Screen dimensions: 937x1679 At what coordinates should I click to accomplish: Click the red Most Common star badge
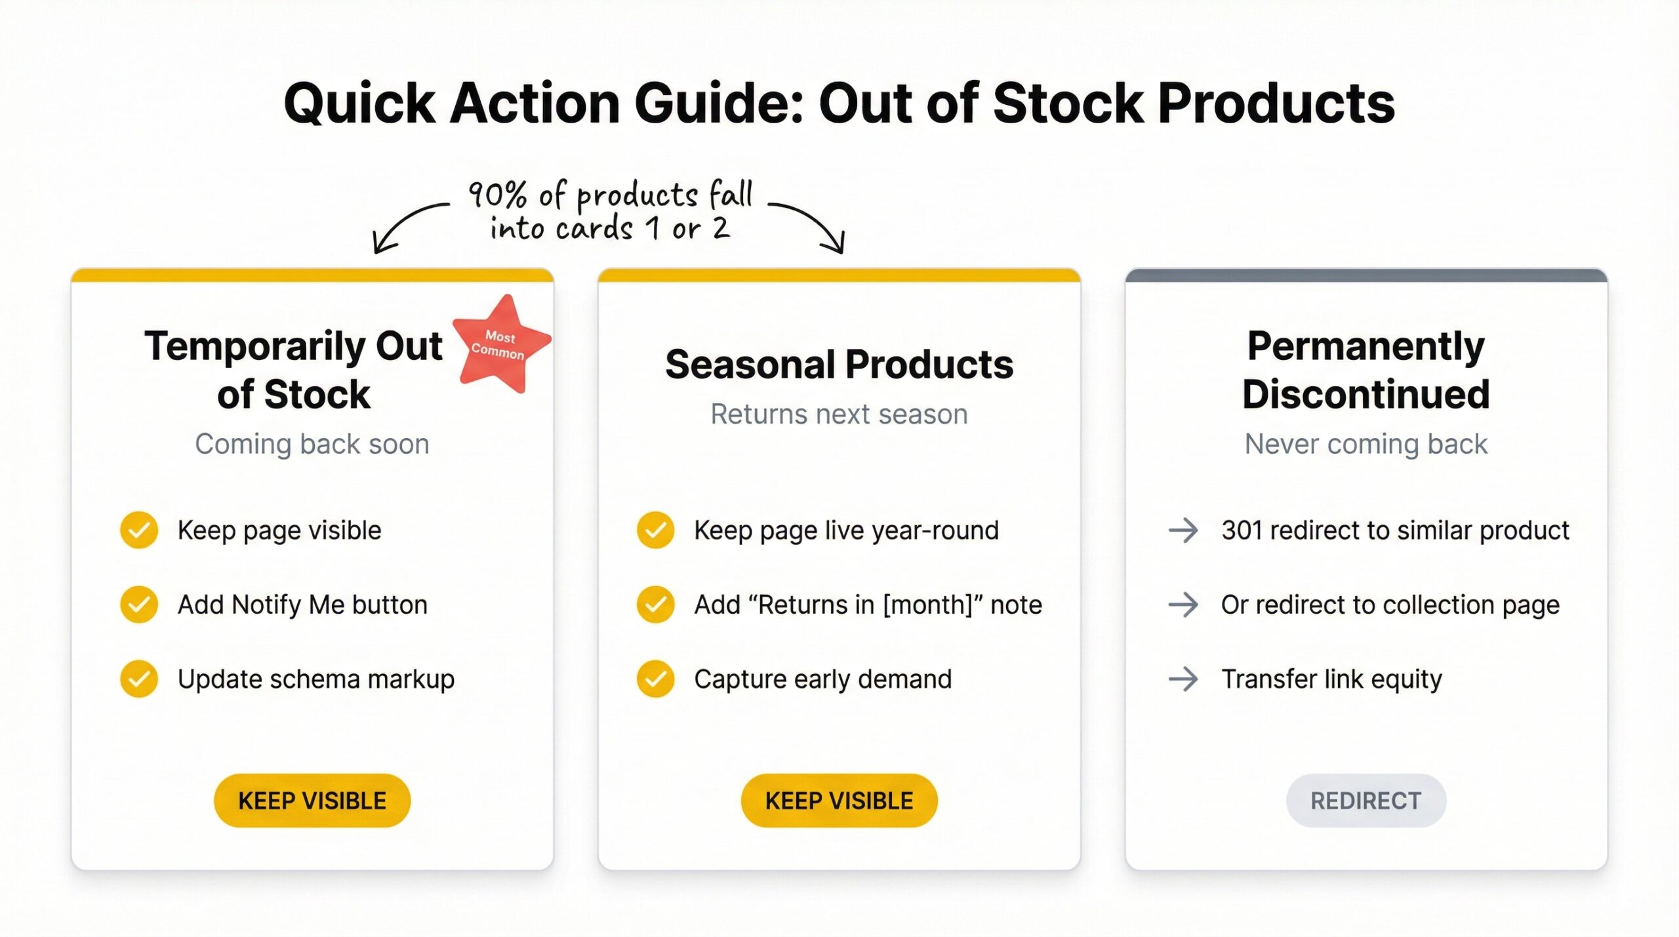click(x=500, y=344)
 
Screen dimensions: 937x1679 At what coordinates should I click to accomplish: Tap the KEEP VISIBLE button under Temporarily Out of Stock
click(x=312, y=800)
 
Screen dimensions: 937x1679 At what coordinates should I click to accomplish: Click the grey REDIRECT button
click(x=1365, y=800)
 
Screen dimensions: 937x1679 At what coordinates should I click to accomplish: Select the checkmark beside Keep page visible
click(x=139, y=530)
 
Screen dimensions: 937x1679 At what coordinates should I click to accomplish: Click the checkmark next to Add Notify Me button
click(x=139, y=604)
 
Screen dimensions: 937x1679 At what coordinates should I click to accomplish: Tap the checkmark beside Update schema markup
click(x=139, y=679)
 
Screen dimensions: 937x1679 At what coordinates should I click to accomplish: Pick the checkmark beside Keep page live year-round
click(x=655, y=530)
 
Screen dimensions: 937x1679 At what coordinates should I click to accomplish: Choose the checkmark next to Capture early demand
click(x=655, y=679)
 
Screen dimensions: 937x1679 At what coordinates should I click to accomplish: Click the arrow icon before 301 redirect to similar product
click(x=1183, y=530)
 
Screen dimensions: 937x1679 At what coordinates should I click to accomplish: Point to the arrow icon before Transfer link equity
click(x=1183, y=679)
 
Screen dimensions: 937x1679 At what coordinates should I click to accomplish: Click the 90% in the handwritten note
click(x=497, y=195)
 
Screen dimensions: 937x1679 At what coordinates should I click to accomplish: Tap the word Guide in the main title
click(x=718, y=104)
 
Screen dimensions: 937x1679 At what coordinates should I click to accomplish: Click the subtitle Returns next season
click(x=839, y=414)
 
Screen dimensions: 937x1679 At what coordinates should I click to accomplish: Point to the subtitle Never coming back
click(x=1365, y=444)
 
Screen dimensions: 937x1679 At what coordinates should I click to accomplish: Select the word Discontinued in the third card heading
click(x=1365, y=394)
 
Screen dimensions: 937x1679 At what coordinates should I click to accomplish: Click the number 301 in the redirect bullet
click(x=1242, y=530)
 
